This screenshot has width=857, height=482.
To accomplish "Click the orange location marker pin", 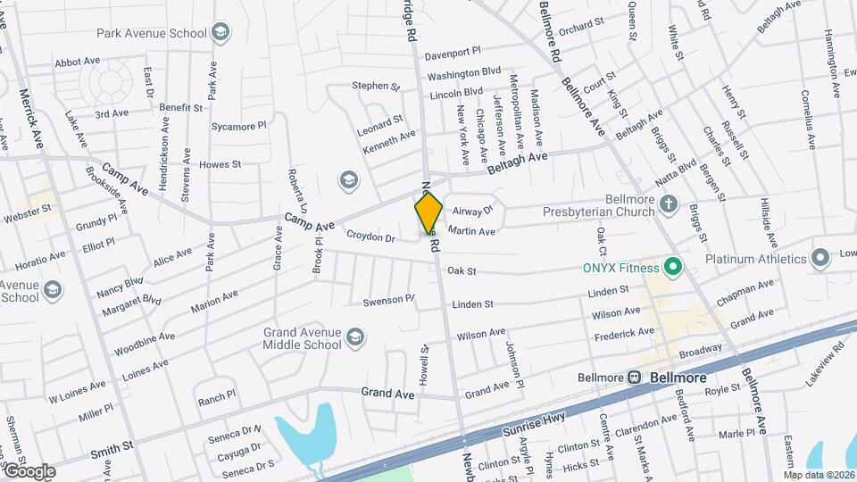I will (428, 212).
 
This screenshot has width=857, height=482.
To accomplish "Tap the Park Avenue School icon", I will (220, 34).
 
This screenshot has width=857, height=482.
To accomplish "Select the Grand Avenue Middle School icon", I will (355, 337).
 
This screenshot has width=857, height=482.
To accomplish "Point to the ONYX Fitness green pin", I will (674, 267).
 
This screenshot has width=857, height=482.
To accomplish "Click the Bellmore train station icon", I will (635, 378).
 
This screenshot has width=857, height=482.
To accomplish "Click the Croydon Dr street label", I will (370, 237).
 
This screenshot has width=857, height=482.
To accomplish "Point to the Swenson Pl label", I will (388, 301).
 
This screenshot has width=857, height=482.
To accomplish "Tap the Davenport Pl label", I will (453, 52).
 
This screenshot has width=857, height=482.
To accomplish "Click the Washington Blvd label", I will (464, 72).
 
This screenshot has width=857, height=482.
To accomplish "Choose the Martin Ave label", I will (471, 231).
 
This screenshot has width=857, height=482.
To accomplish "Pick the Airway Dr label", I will (472, 212).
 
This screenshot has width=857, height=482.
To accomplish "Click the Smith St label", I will (112, 449).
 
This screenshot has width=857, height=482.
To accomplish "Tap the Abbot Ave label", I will (77, 62).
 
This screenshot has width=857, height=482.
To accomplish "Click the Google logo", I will (28, 471).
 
